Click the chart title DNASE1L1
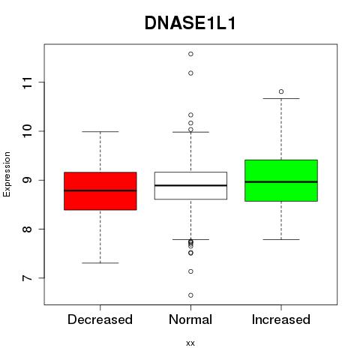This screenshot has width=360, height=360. pyautogui.click(x=190, y=23)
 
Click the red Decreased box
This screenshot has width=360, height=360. pyautogui.click(x=100, y=191)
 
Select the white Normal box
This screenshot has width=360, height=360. pyautogui.click(x=190, y=185)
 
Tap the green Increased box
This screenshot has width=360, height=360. pyautogui.click(x=281, y=181)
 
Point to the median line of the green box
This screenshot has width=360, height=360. pyautogui.click(x=281, y=181)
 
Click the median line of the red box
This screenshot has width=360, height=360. pyautogui.click(x=100, y=190)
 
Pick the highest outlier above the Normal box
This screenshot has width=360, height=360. pyautogui.click(x=190, y=54)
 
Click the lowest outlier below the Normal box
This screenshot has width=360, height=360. pyautogui.click(x=190, y=295)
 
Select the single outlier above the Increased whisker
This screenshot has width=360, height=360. pyautogui.click(x=281, y=91)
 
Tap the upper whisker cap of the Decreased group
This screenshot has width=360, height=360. pyautogui.click(x=100, y=131)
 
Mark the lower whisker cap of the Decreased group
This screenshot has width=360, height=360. pyautogui.click(x=100, y=263)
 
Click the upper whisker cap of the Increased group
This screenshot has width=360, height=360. pyautogui.click(x=281, y=98)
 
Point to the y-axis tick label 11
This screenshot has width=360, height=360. pyautogui.click(x=27, y=82)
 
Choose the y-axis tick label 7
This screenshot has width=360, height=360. pyautogui.click(x=27, y=278)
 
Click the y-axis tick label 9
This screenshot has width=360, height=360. pyautogui.click(x=27, y=180)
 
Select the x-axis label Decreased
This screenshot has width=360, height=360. pyautogui.click(x=100, y=319)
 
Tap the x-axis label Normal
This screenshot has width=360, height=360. pyautogui.click(x=190, y=319)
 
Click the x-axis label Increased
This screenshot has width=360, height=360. pyautogui.click(x=281, y=319)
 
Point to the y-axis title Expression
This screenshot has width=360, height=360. pyautogui.click(x=7, y=174)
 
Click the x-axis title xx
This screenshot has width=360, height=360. pyautogui.click(x=190, y=343)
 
